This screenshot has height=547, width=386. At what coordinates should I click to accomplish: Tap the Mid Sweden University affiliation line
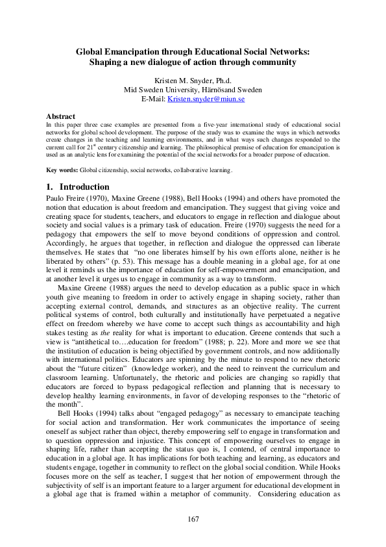(x=193, y=89)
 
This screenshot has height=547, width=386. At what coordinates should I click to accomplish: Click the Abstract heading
(x=60, y=116)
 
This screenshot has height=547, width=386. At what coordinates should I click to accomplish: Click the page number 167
(x=193, y=519)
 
